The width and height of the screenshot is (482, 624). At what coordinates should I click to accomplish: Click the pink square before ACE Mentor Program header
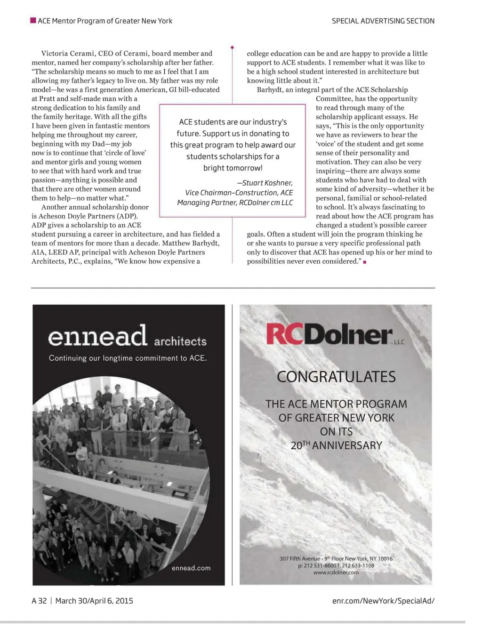tap(33, 20)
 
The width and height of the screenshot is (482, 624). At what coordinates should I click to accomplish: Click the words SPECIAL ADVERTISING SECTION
tap(383, 21)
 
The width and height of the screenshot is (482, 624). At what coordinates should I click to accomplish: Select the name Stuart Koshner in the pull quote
tap(267, 183)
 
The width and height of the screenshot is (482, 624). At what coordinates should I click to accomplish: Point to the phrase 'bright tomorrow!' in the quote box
tap(233, 168)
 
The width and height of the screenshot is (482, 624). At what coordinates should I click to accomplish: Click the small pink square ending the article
tap(365, 262)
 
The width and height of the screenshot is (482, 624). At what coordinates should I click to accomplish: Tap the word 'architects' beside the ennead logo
tap(180, 341)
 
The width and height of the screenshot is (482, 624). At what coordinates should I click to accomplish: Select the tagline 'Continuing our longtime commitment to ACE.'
tap(128, 358)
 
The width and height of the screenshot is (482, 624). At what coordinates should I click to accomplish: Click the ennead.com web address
tap(191, 568)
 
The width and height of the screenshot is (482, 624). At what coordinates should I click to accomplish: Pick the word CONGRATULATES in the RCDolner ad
tap(336, 377)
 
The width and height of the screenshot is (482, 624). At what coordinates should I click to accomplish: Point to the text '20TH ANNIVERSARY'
tap(336, 445)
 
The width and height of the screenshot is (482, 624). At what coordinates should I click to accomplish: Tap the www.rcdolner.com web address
tap(336, 572)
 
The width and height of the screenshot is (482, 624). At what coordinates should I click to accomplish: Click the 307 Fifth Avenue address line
tap(336, 559)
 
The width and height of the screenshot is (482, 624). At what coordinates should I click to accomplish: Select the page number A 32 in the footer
tap(39, 600)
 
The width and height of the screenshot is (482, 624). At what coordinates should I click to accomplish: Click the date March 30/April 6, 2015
tap(94, 600)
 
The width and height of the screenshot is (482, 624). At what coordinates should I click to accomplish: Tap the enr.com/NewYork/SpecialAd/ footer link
tap(383, 600)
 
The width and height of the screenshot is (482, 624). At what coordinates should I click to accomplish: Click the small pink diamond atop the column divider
tap(232, 48)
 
